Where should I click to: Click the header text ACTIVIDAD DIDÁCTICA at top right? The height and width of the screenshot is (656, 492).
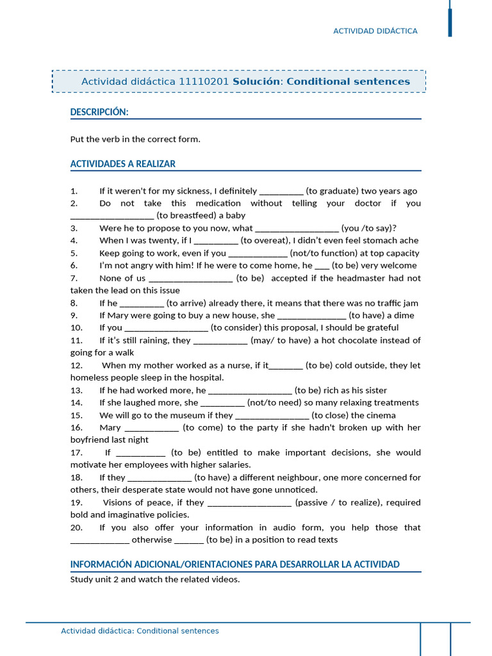[375, 31]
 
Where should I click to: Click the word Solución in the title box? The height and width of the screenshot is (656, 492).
[256, 81]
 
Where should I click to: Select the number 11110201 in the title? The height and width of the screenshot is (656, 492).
[204, 81]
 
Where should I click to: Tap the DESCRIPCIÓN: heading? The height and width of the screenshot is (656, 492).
[99, 112]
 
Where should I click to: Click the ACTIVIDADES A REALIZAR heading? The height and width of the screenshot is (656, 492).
[122, 164]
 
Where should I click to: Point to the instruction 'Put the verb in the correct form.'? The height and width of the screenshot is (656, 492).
[135, 139]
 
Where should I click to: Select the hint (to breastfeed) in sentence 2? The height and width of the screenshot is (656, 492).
[188, 216]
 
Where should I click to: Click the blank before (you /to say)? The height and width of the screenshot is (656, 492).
[297, 228]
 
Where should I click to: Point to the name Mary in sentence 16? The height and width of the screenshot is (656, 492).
[110, 427]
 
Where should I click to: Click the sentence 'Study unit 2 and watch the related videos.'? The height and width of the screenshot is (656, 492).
[155, 580]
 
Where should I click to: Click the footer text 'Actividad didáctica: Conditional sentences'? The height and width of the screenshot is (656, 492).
[140, 631]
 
